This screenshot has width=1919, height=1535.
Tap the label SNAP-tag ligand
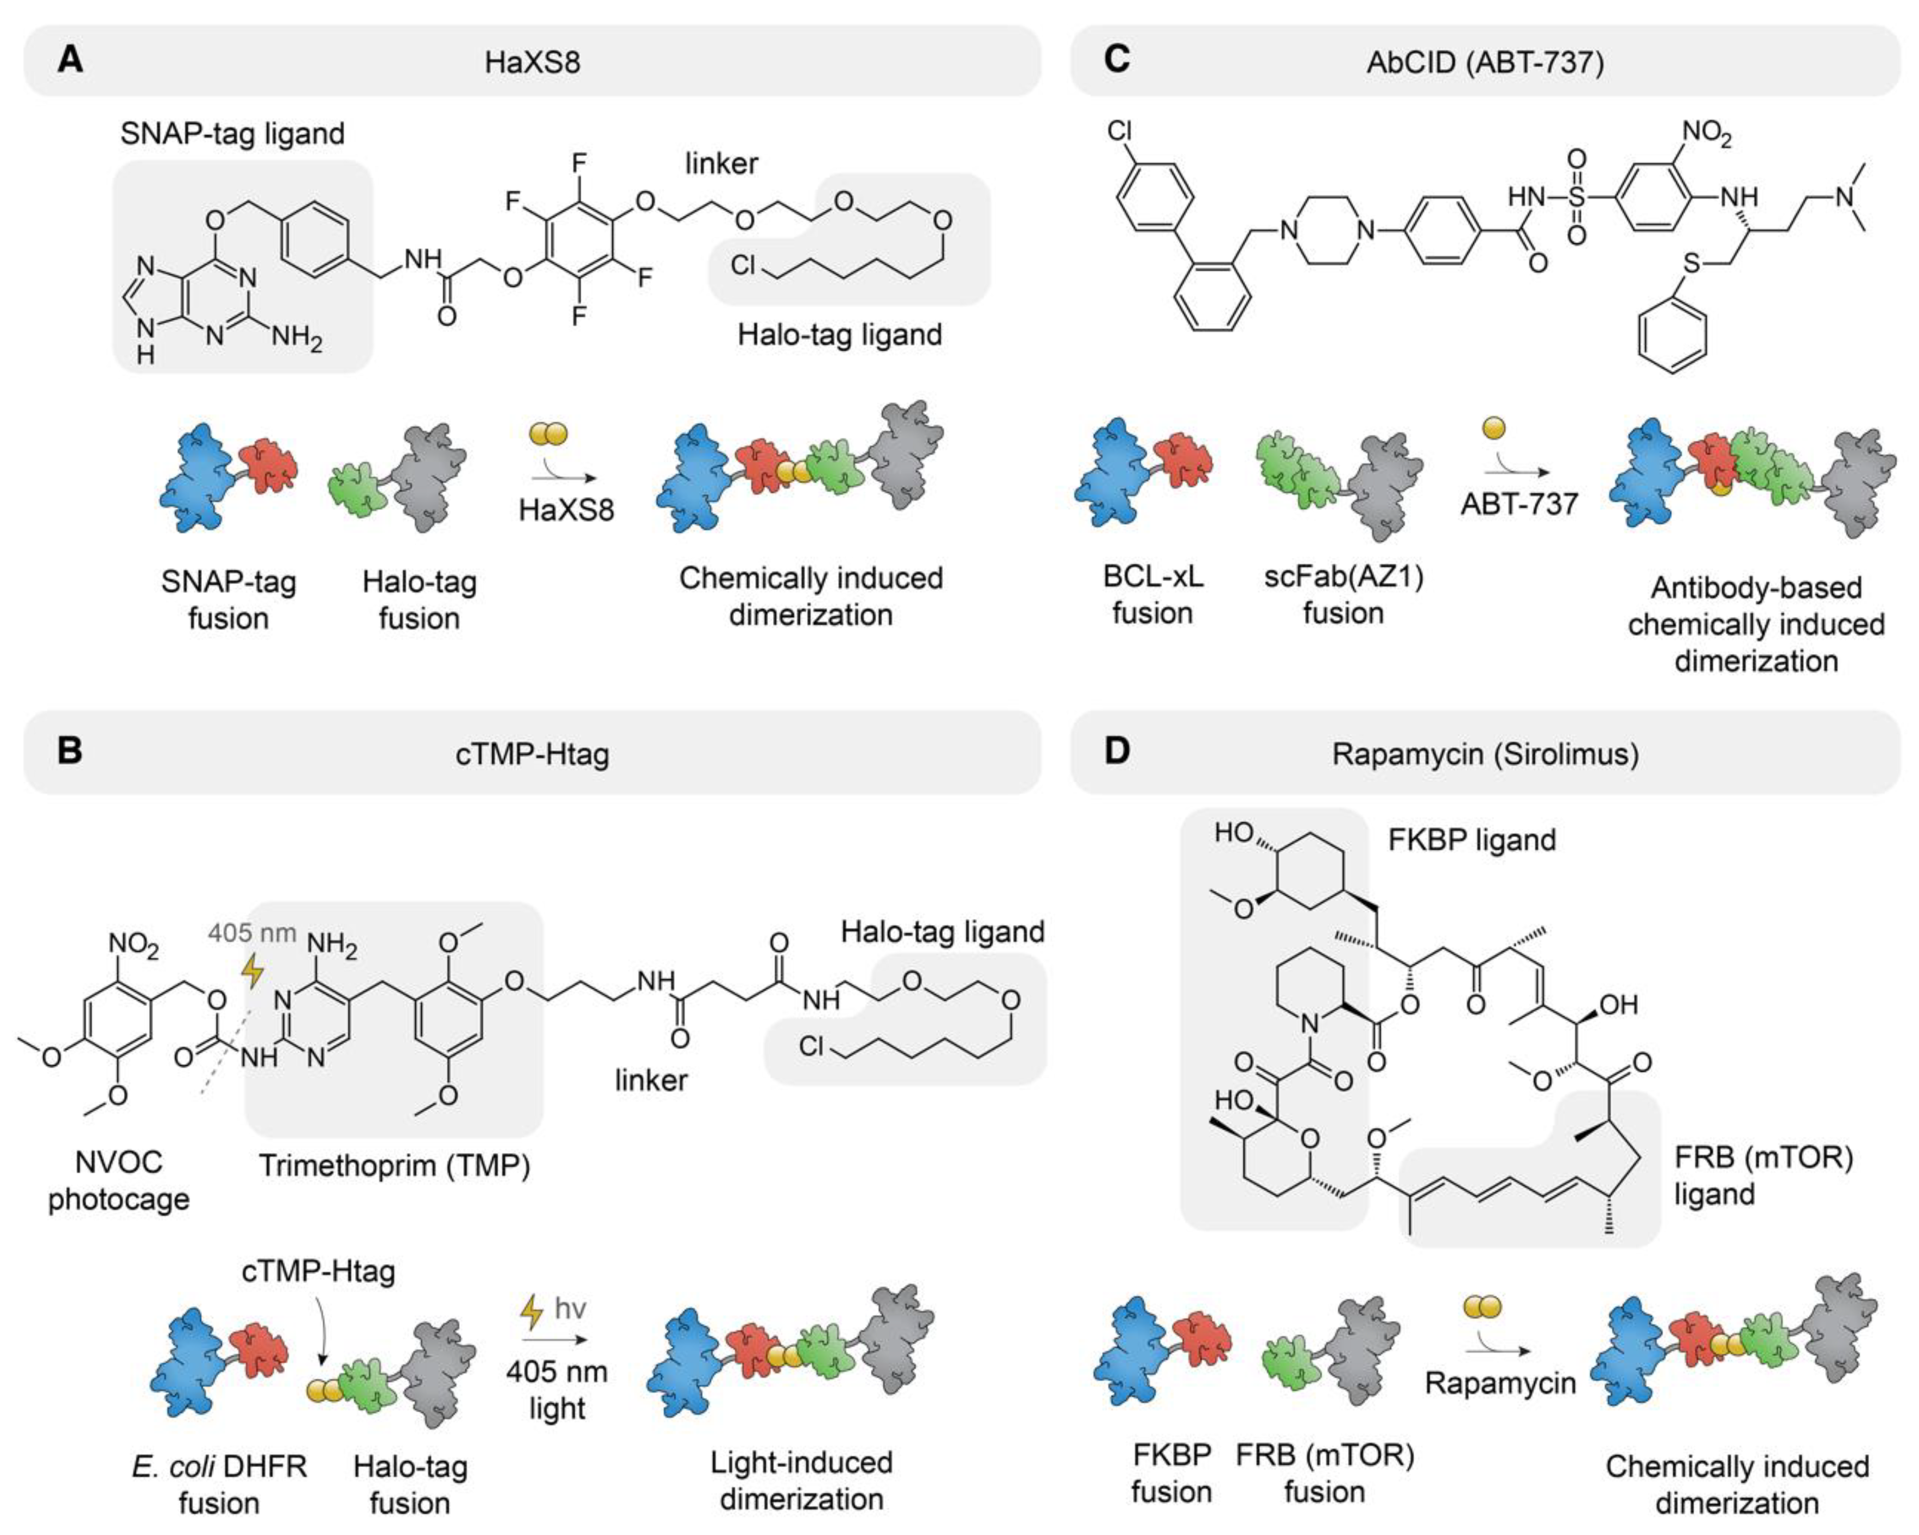pos(232,134)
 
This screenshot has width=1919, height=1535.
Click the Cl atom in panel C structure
pos(1120,131)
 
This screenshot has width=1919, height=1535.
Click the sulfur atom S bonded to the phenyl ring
pos(1691,263)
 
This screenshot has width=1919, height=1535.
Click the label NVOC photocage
pos(118,1180)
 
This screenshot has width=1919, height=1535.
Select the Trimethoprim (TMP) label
pos(394,1166)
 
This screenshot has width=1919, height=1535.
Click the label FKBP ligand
pos(1472,840)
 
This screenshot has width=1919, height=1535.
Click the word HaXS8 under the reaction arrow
pos(566,510)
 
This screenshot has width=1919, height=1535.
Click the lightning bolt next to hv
pos(531,1310)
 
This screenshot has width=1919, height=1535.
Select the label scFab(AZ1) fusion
pos(1343,595)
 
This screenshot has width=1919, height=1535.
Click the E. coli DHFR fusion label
pos(219,1484)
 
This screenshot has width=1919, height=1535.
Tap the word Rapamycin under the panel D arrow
pos(1500,1383)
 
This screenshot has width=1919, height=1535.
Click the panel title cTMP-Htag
pos(532,754)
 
